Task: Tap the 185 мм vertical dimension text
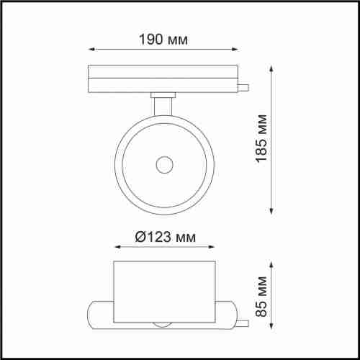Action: (x=261, y=138)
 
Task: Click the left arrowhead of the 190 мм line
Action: (x=91, y=50)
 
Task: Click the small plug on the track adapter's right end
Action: (x=245, y=89)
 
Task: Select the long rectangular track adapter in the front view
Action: (x=163, y=79)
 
